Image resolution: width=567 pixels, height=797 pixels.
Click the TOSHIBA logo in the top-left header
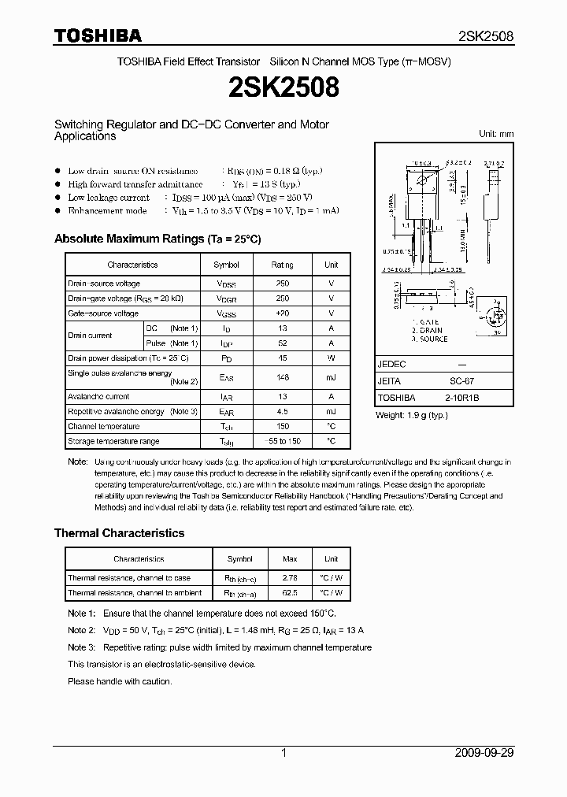[x=98, y=35]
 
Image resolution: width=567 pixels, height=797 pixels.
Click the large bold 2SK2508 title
[x=283, y=87]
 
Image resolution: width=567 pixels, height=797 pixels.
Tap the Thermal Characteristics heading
[x=119, y=533]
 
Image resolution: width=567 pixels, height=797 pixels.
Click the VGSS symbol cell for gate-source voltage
[x=226, y=313]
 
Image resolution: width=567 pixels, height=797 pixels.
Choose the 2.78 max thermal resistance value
[x=290, y=578]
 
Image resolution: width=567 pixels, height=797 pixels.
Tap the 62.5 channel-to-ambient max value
[x=290, y=593]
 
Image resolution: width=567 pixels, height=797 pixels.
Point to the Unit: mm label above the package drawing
[x=496, y=134]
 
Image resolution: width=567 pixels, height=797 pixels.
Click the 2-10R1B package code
[x=461, y=398]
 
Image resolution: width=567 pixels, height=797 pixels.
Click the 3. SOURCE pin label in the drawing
[x=429, y=339]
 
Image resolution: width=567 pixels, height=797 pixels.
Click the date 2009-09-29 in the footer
[x=484, y=753]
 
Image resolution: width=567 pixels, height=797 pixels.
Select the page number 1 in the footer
[x=283, y=753]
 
